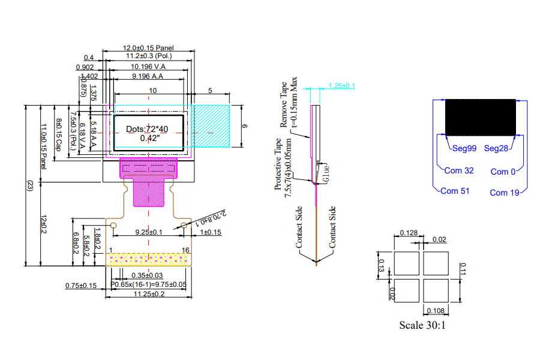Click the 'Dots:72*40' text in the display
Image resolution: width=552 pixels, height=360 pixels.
coord(148,129)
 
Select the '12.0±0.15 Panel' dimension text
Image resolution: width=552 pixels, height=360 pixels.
coord(149,47)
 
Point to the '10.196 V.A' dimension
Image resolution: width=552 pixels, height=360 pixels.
coord(148,66)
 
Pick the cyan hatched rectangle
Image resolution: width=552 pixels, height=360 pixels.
coord(211,126)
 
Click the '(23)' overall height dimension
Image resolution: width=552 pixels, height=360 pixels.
coord(28,186)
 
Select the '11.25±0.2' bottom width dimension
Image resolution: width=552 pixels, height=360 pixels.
coord(149,294)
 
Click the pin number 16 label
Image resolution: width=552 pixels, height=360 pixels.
coord(186,250)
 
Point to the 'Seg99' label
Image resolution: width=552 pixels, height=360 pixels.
coord(463,148)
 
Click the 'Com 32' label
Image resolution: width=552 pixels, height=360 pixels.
coord(459,171)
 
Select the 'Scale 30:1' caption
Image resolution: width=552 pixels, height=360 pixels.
coord(422,325)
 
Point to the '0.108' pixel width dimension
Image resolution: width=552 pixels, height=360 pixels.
coord(436,310)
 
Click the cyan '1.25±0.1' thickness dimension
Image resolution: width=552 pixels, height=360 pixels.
coord(342,86)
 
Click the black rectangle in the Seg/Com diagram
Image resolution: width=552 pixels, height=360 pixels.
coord(481,117)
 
